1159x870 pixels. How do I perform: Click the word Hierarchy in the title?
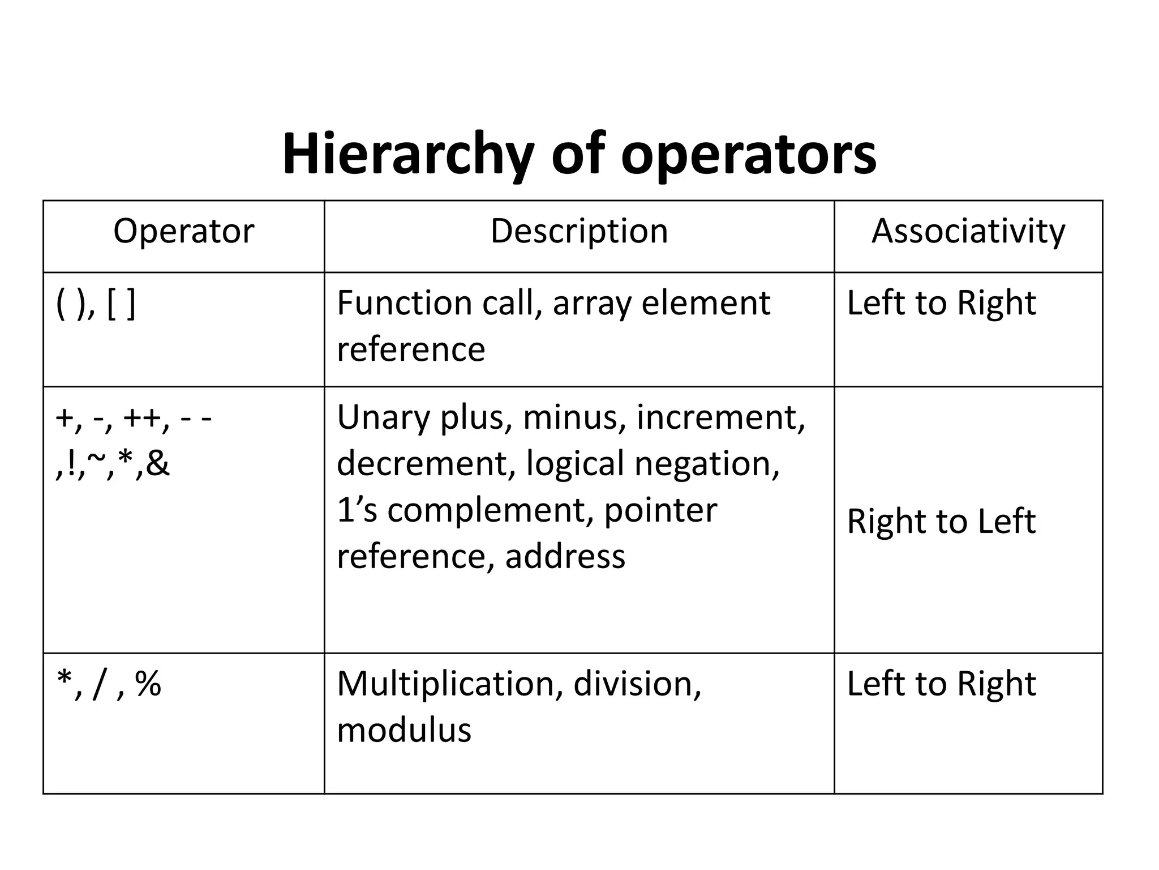408,154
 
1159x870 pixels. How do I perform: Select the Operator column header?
183,231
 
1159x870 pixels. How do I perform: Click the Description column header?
579,231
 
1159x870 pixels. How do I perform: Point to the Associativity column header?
968,231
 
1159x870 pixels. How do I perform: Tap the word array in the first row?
591,304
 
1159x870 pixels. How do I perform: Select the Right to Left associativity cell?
941,521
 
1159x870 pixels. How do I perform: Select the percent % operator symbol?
148,684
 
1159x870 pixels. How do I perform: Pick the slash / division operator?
100,684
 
